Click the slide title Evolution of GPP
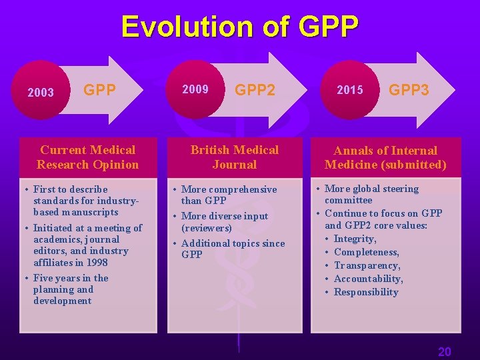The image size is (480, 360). point(239,27)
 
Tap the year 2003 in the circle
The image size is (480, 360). point(41,93)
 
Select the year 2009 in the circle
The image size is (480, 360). point(195,89)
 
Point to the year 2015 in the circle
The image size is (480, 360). point(350,90)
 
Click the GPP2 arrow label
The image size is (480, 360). point(255,90)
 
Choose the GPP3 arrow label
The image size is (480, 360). point(409,90)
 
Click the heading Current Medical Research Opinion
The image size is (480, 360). point(87,157)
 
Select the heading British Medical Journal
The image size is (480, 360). point(234,157)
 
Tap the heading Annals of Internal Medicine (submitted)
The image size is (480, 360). point(385,157)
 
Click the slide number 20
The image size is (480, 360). point(444,352)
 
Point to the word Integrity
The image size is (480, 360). point(355,239)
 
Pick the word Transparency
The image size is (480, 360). point(367,265)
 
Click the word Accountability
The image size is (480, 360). point(368,279)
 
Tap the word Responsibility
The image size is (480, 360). point(365,292)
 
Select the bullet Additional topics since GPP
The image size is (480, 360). point(232,249)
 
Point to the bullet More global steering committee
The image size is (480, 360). point(371,194)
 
